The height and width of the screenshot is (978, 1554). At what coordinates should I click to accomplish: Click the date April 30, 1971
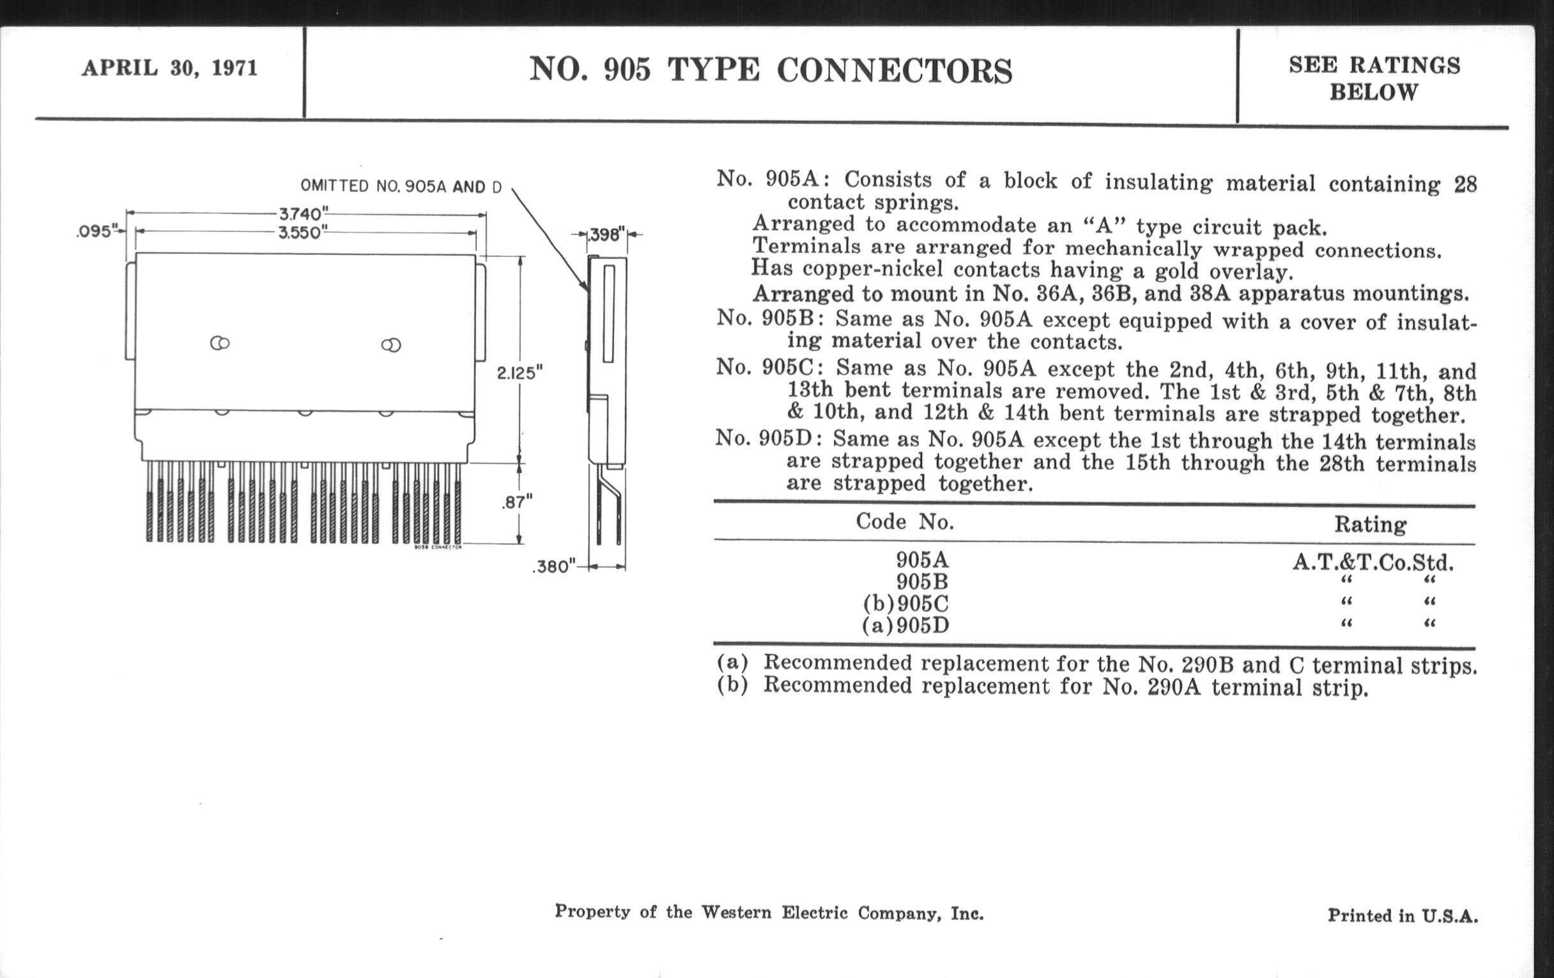pyautogui.click(x=170, y=68)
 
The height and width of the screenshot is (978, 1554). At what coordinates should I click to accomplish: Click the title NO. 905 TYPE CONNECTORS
pyautogui.click(x=771, y=70)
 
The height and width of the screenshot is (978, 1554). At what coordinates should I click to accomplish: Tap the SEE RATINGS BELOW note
pyautogui.click(x=1374, y=79)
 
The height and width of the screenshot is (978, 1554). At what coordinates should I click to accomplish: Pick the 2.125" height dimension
pyautogui.click(x=519, y=373)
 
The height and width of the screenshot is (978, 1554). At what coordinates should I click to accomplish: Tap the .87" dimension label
pyautogui.click(x=517, y=502)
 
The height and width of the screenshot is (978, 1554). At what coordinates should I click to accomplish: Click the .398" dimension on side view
pyautogui.click(x=606, y=235)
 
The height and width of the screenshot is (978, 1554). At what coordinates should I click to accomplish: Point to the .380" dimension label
pyautogui.click(x=553, y=566)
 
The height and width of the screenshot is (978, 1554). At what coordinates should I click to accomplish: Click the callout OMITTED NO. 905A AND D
pyautogui.click(x=401, y=186)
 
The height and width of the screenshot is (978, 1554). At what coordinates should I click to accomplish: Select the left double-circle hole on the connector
pyautogui.click(x=220, y=343)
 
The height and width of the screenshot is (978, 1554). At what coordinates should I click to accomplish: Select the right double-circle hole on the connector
pyautogui.click(x=391, y=345)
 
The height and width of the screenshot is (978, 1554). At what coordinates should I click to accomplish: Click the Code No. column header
pyautogui.click(x=905, y=521)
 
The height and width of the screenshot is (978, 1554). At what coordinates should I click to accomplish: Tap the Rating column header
pyautogui.click(x=1370, y=524)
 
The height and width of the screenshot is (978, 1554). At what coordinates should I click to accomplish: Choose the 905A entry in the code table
pyautogui.click(x=922, y=560)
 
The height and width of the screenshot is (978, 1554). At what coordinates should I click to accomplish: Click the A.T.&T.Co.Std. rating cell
pyautogui.click(x=1373, y=563)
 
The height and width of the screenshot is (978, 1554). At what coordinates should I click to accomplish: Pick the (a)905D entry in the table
pyautogui.click(x=905, y=626)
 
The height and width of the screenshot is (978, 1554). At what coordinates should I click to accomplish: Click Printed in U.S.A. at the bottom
pyautogui.click(x=1403, y=915)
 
